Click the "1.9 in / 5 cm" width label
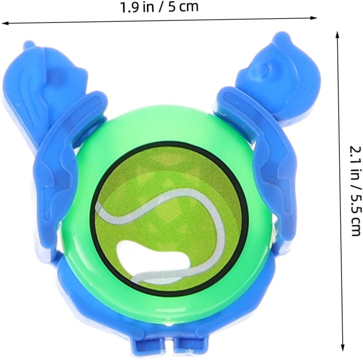coord(159,7)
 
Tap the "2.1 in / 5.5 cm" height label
coord(355,191)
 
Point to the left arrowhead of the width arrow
coord(5,23)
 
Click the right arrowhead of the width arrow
coord(313,18)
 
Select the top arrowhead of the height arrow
coord(337,34)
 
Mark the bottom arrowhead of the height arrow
coord(343,348)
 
